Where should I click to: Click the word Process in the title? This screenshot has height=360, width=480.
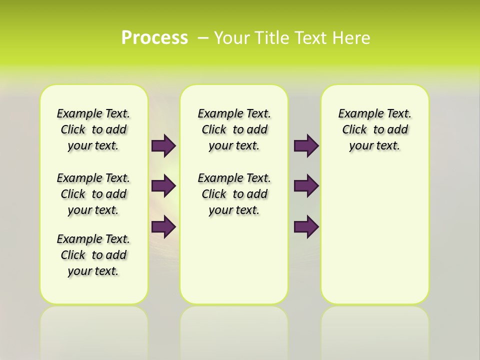coord(154,37)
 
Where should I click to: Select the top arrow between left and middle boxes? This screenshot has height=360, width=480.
coord(163,145)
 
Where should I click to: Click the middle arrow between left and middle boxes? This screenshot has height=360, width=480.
coord(163,186)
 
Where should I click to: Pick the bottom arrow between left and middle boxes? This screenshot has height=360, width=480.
coord(163,226)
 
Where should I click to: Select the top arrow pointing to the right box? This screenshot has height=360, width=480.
coord(306,145)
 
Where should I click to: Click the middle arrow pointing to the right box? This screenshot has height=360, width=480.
coord(306,186)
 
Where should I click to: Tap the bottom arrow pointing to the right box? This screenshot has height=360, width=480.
coord(306,226)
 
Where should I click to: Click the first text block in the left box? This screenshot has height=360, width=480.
coord(93,129)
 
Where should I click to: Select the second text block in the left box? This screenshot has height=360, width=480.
coord(93,194)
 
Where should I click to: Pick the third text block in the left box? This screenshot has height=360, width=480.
coord(93,255)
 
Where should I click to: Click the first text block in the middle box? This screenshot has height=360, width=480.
coord(234,129)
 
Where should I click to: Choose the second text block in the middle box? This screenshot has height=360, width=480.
coord(234,194)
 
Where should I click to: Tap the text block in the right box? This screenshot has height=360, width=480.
coord(374,129)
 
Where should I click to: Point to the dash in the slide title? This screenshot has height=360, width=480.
coord(203,37)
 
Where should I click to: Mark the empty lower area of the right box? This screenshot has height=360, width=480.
coord(374,235)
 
